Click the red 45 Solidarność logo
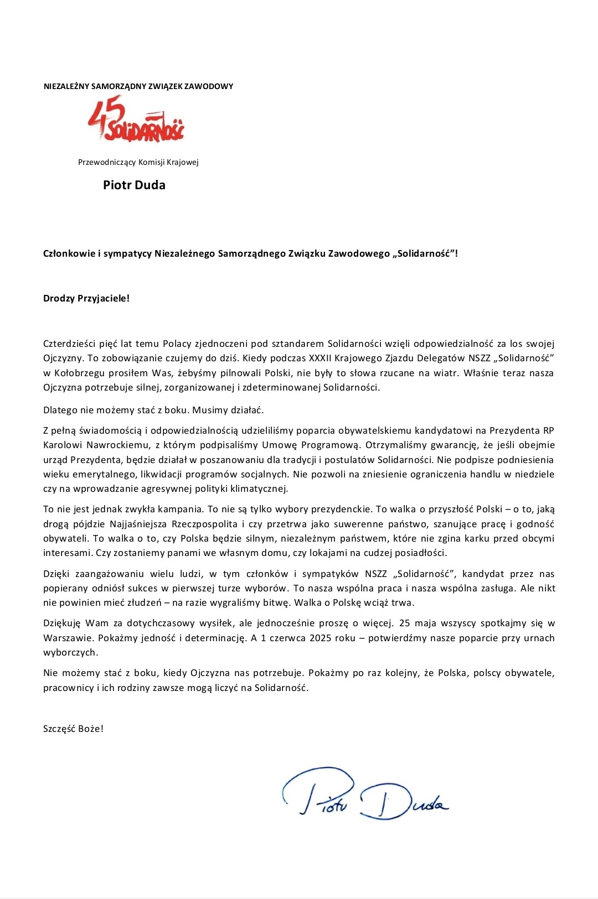tap(136, 120)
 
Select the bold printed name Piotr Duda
tap(134, 185)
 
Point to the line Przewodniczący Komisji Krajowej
tap(138, 162)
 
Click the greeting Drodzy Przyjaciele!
tap(86, 298)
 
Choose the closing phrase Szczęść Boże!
tap(73, 729)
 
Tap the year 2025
tap(321, 638)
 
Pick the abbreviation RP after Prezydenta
tap(548, 430)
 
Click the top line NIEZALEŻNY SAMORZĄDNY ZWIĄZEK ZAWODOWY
tap(138, 86)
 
